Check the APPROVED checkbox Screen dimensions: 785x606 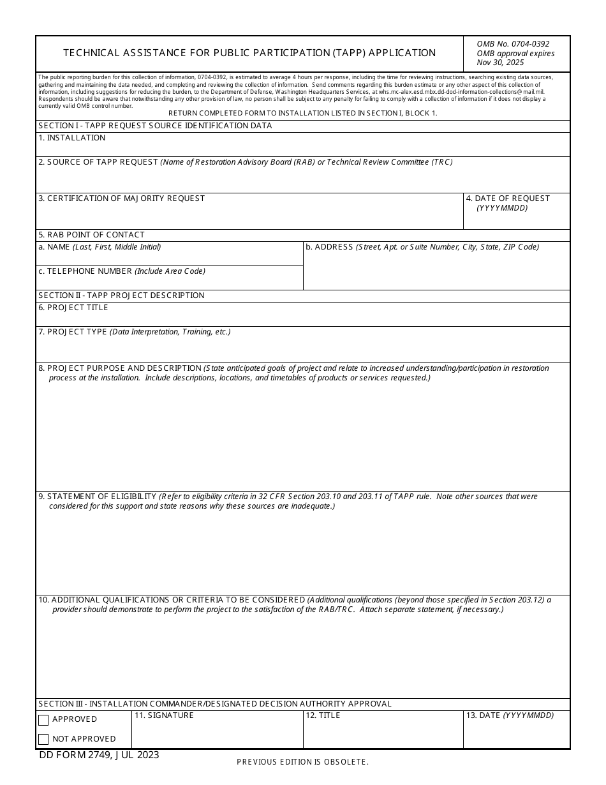[43, 720]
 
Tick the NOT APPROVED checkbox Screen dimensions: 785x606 [43, 740]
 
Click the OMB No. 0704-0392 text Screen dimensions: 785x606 [513, 44]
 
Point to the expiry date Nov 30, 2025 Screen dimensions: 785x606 [500, 63]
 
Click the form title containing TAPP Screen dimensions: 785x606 [249, 53]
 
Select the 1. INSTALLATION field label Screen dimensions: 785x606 [71, 138]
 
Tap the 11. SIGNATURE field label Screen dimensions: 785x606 [164, 715]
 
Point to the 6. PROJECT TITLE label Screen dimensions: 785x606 [73, 308]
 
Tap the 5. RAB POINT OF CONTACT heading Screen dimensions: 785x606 [91, 235]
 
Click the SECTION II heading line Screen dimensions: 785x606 [121, 295]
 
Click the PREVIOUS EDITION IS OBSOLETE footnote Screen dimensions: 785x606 [302, 762]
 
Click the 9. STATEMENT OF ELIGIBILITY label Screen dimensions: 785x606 [97, 497]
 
